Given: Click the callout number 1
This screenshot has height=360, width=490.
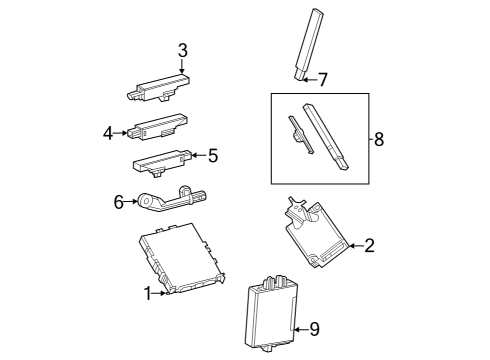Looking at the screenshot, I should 148,293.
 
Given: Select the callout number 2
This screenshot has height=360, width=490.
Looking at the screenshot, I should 369,245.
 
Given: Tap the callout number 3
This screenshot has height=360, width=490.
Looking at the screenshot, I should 182,50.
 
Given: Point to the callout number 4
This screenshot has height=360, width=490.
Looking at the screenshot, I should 108,131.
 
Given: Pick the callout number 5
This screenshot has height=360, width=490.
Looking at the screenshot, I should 212,155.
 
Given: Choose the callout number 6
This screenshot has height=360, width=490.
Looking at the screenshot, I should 118,202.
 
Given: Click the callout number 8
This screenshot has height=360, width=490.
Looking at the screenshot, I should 379,139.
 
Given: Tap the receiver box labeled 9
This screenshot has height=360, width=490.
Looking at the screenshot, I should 270,313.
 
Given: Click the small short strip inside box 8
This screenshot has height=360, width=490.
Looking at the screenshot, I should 298,133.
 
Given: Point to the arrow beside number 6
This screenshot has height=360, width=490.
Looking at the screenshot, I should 132,202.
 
